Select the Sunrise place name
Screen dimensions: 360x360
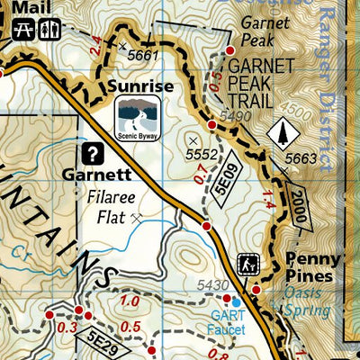pos(140,85)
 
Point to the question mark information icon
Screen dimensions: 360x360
pos(92,152)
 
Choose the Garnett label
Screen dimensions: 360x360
pos(123,175)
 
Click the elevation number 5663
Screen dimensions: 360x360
pos(300,157)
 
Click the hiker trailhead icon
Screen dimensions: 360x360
pos(247,265)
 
